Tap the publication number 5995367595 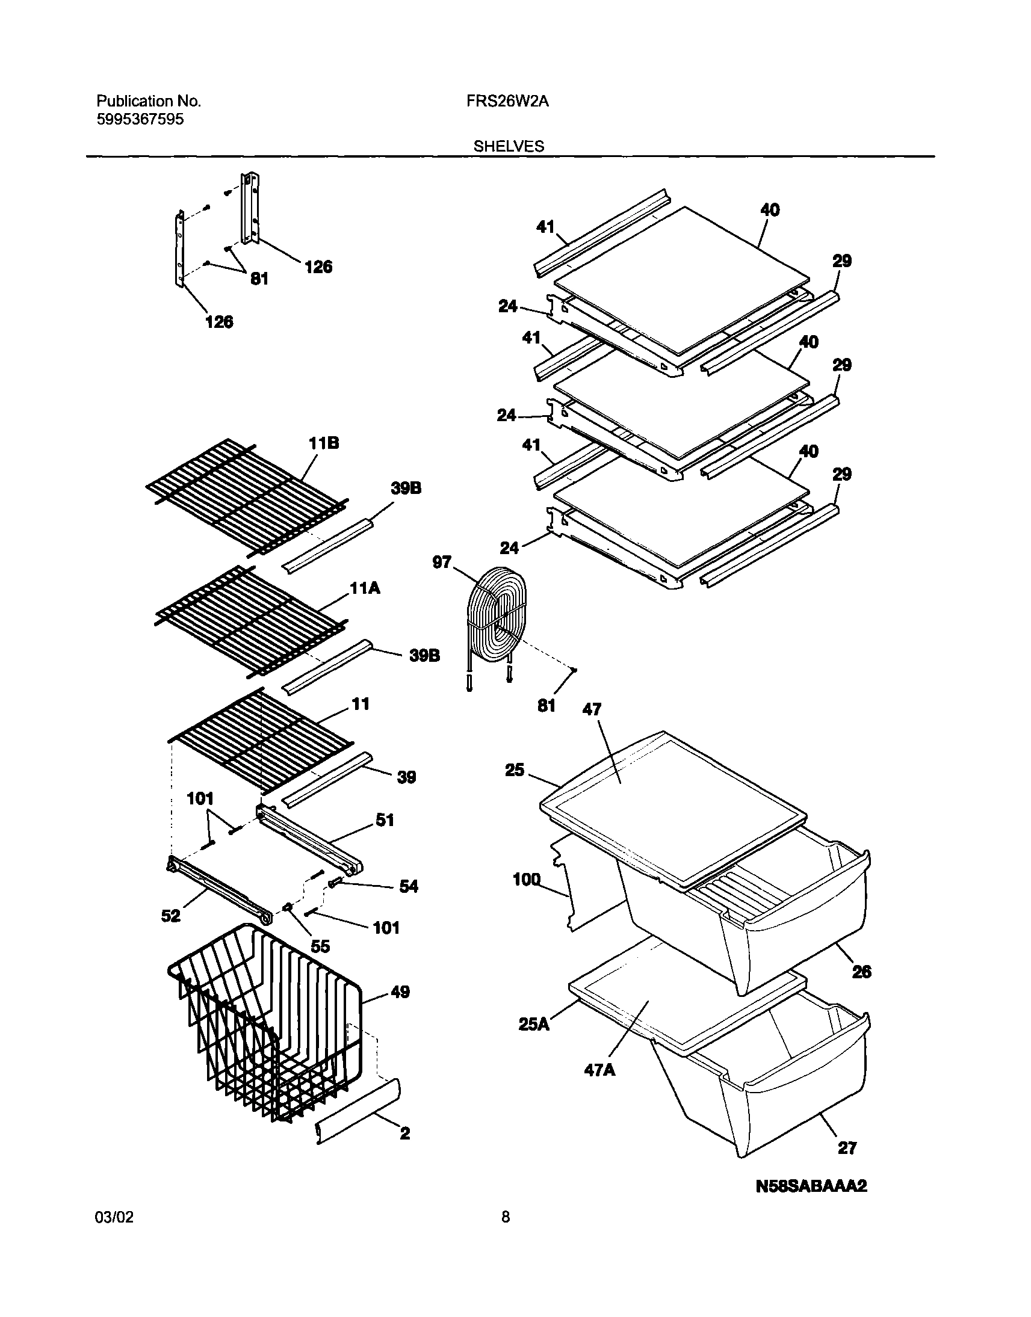coord(140,120)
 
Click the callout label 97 coord(442,562)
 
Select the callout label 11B coord(324,443)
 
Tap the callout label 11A coord(365,588)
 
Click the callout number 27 coord(847,1147)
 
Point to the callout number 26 coord(861,972)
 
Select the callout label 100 coord(527,880)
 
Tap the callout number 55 coord(320,946)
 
